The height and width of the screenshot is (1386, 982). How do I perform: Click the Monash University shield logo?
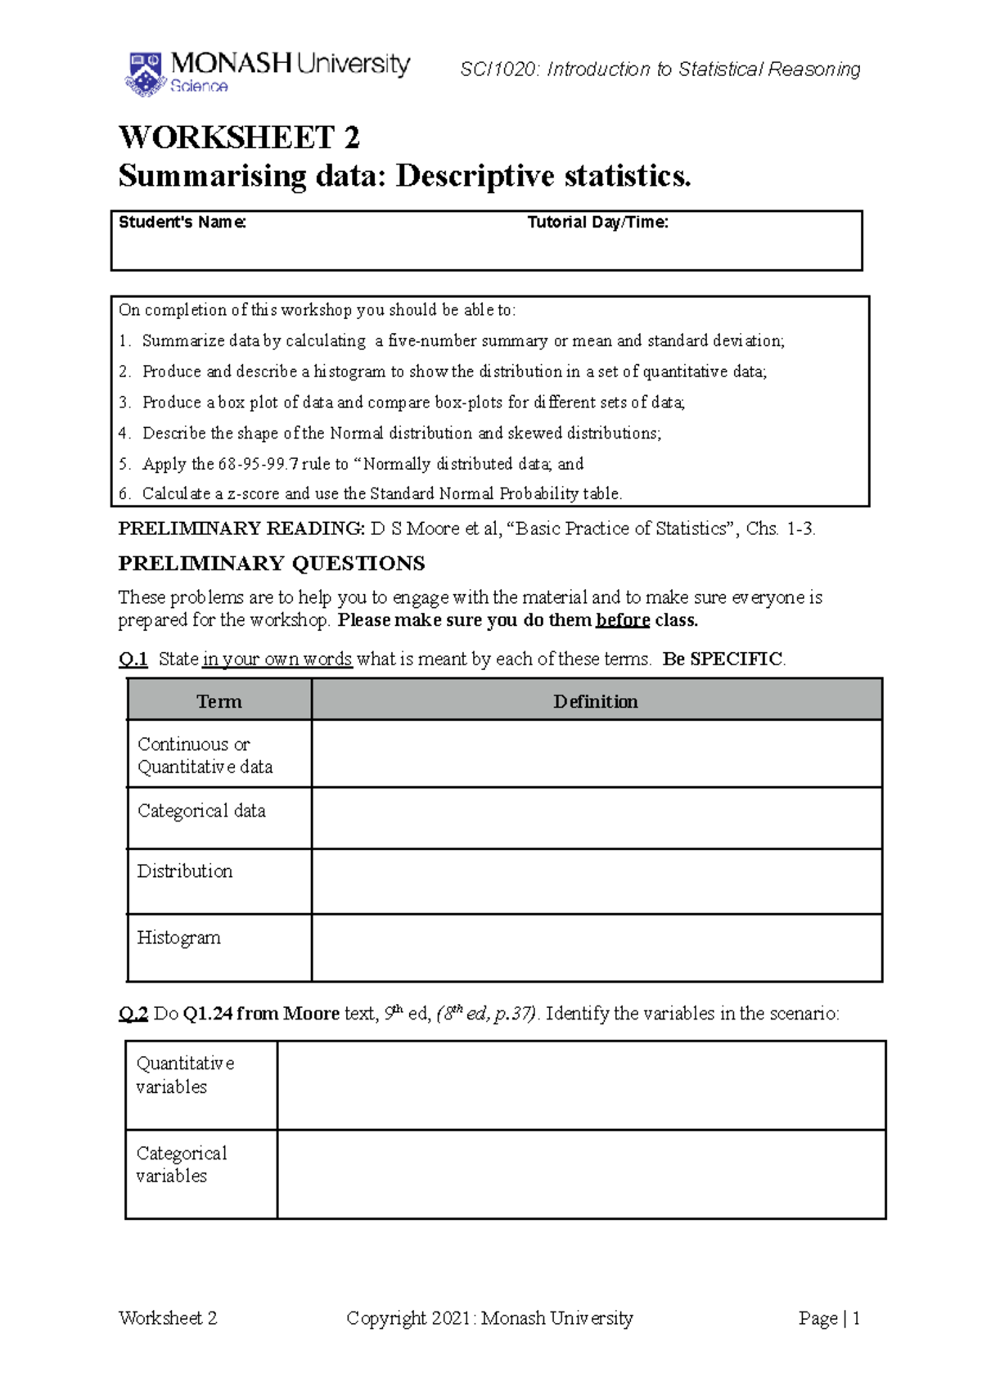pos(146,74)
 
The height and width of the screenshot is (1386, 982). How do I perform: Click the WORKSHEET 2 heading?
pos(239,137)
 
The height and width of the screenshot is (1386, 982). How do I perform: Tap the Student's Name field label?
pos(182,223)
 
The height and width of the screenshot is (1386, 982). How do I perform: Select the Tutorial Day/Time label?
pos(597,223)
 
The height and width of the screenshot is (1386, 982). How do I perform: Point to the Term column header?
pos(219,701)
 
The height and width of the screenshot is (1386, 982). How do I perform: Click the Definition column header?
pos(596,701)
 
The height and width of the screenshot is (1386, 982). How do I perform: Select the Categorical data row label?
pos(201,811)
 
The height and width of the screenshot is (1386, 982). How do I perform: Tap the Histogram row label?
pos(178,938)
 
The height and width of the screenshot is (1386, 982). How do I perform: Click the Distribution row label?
pos(185,871)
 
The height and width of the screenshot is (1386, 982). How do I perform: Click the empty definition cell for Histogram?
pos(596,947)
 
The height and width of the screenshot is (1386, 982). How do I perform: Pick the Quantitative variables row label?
pos(185,1075)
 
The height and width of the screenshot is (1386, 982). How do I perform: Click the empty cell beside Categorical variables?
pos(581,1174)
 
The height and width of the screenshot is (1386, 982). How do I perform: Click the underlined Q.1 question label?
pos(133,659)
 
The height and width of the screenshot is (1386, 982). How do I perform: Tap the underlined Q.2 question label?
pos(133,1014)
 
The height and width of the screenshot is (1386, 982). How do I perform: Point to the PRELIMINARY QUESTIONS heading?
pos(272,564)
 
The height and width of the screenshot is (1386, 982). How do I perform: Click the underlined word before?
pos(623,620)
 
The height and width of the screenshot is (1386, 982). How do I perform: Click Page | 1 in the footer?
pos(829,1318)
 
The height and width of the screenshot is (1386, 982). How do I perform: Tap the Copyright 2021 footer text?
pos(489,1318)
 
